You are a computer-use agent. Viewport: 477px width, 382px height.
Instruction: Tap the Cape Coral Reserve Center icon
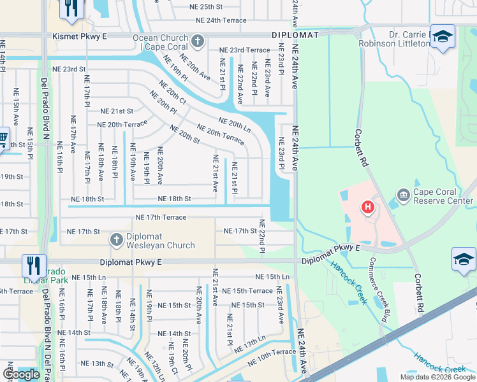tap(403, 194)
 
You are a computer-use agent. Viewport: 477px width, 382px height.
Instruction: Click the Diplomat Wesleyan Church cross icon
tap(116, 240)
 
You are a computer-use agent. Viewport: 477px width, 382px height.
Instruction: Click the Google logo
tap(21, 374)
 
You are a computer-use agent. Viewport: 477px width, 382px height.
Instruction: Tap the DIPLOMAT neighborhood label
tap(294, 35)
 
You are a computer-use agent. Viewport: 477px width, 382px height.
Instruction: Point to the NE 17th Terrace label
tap(161, 218)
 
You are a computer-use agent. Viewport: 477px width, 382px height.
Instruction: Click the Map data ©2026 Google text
tap(437, 377)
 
